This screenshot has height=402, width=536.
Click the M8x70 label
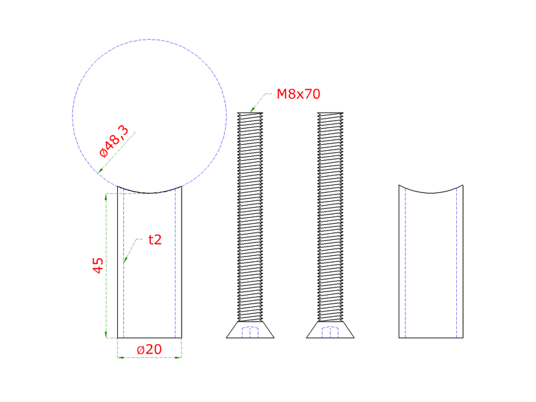point(298,94)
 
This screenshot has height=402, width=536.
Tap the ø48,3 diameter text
point(114,141)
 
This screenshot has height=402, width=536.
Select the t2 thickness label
point(155,240)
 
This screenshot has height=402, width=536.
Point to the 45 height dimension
point(98,265)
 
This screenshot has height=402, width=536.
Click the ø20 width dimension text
point(149,349)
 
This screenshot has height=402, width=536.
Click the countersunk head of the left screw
point(250,330)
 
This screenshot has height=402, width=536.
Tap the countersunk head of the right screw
point(330,330)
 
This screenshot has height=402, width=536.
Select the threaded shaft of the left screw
point(250,217)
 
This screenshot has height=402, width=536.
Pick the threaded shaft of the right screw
point(330,217)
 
